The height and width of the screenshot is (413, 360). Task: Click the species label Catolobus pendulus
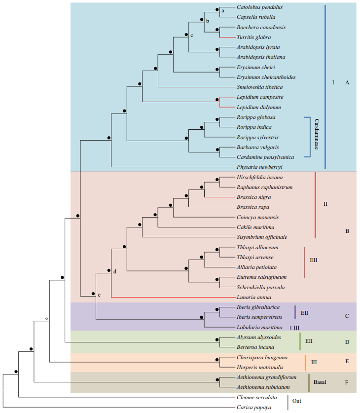259,7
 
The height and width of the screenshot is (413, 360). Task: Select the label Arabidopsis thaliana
261,57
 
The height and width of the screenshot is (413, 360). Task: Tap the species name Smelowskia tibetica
261,87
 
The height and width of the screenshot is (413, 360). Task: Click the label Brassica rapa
253,207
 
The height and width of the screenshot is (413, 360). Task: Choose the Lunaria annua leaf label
253,298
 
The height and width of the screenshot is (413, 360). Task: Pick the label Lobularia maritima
259,327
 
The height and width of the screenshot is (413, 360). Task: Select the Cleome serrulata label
256,397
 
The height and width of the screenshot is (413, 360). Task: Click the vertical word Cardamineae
317,137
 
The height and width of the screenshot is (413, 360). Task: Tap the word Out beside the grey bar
296,401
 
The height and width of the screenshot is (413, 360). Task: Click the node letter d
114,271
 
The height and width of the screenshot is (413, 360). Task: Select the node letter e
99,295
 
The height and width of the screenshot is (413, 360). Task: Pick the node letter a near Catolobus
222,10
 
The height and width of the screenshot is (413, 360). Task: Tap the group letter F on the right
347,382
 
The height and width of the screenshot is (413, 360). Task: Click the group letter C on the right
347,316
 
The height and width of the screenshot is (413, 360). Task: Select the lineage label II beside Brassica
325,203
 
